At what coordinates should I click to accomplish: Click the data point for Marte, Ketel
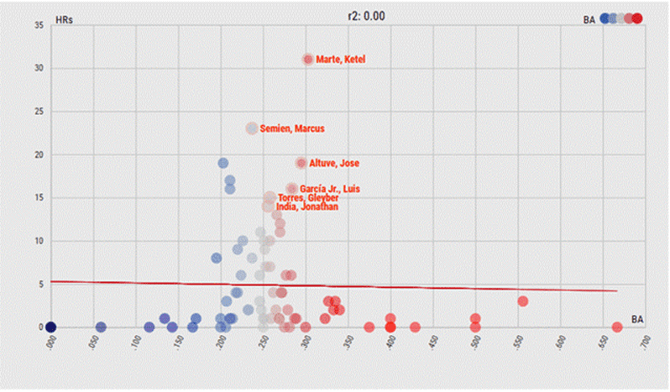[x=308, y=60]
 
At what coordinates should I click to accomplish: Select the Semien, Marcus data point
[x=252, y=128]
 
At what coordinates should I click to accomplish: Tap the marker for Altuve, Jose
[x=301, y=163]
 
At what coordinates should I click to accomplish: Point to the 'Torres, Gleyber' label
[x=308, y=198]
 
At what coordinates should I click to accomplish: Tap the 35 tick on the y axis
[x=39, y=25]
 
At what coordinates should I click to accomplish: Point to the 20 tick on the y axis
[x=39, y=154]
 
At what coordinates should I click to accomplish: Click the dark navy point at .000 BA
[x=50, y=327]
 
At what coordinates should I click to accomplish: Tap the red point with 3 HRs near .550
[x=522, y=301]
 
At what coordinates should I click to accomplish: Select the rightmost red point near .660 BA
[x=617, y=327]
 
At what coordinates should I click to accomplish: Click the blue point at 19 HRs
[x=223, y=164]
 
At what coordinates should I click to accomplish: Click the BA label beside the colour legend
[x=589, y=18]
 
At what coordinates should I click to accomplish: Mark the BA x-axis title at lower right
[x=638, y=319]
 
